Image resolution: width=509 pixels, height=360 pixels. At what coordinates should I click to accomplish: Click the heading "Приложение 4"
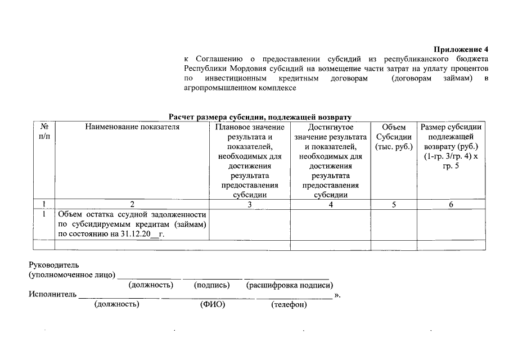pos(461,49)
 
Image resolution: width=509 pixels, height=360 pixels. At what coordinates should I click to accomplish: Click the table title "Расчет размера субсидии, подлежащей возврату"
pos(260,117)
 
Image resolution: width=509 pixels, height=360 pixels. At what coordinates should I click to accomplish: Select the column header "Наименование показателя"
pos(132,128)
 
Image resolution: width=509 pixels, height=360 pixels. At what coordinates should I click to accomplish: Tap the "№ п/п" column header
pos(44,132)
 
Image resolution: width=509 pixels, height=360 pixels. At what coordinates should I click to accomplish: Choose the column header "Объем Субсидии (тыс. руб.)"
pos(394,137)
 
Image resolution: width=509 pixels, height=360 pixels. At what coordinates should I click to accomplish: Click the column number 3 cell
pos(250,205)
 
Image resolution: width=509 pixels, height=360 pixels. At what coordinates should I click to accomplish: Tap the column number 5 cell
pos(394,205)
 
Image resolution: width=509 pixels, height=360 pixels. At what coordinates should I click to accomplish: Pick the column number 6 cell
pos(451,205)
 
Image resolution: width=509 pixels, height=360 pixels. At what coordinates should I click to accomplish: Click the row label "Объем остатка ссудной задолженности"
pos(132,215)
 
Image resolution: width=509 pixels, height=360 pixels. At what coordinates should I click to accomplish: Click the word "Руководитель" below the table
pos(54,265)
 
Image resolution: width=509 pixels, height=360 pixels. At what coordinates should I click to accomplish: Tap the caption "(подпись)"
pos(211,285)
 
